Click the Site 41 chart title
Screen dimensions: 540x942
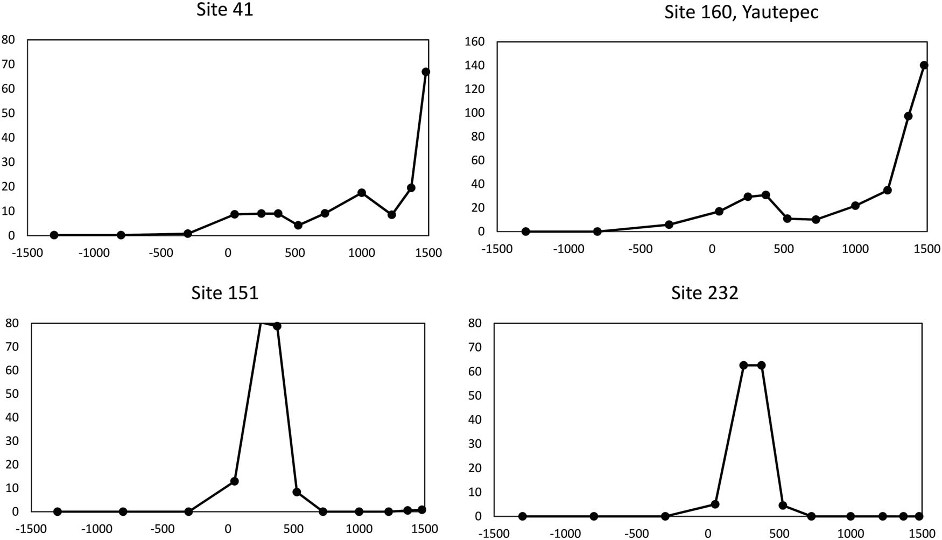(x=224, y=10)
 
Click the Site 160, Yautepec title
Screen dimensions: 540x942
(x=741, y=11)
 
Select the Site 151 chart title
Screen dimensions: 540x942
(x=224, y=292)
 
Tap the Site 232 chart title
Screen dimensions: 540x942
(x=705, y=292)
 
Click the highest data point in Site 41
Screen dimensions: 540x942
(x=426, y=72)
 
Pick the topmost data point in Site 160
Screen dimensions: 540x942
(x=924, y=65)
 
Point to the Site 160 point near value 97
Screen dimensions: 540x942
(x=908, y=116)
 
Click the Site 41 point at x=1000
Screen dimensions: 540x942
(x=362, y=193)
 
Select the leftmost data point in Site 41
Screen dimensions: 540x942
(x=54, y=235)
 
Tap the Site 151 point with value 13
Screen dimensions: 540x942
(x=235, y=481)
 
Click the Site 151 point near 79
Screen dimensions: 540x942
(x=277, y=326)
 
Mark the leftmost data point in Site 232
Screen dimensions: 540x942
(x=522, y=516)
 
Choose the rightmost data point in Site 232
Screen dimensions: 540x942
(x=919, y=516)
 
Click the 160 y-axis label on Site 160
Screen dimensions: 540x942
(x=474, y=41)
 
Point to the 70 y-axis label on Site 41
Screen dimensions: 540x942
(x=8, y=64)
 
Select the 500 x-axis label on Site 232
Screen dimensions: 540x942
(x=779, y=534)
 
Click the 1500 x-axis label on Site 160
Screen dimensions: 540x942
(x=927, y=249)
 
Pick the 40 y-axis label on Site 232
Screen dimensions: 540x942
(x=475, y=419)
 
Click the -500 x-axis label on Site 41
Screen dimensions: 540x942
(x=160, y=253)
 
